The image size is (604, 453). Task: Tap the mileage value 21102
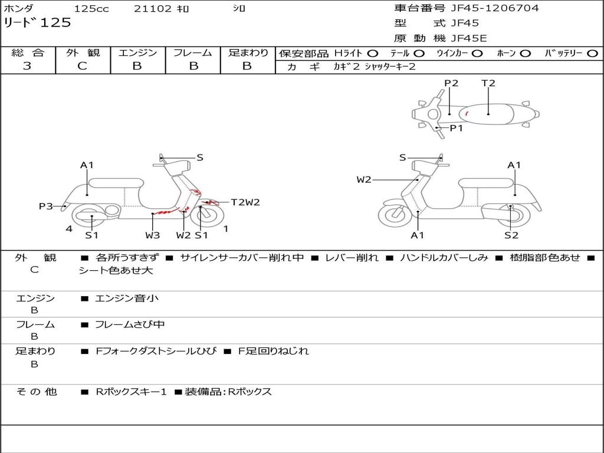153,9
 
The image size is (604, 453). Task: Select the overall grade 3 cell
27,66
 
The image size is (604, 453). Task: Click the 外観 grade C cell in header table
83,66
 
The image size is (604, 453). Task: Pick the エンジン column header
137,52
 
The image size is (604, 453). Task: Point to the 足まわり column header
248,52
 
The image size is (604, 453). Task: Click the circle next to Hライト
373,54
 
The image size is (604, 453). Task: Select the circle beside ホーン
525,54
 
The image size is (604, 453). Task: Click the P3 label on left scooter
45,206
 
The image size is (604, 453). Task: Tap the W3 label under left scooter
153,235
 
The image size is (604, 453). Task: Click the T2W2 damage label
245,202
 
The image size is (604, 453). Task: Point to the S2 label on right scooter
511,235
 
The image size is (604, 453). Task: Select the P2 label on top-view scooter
451,83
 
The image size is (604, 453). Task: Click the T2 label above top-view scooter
488,83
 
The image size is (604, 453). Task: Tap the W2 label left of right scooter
364,180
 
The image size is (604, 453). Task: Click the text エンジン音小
127,298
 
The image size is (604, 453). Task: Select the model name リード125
38,23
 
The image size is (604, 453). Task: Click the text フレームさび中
130,324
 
